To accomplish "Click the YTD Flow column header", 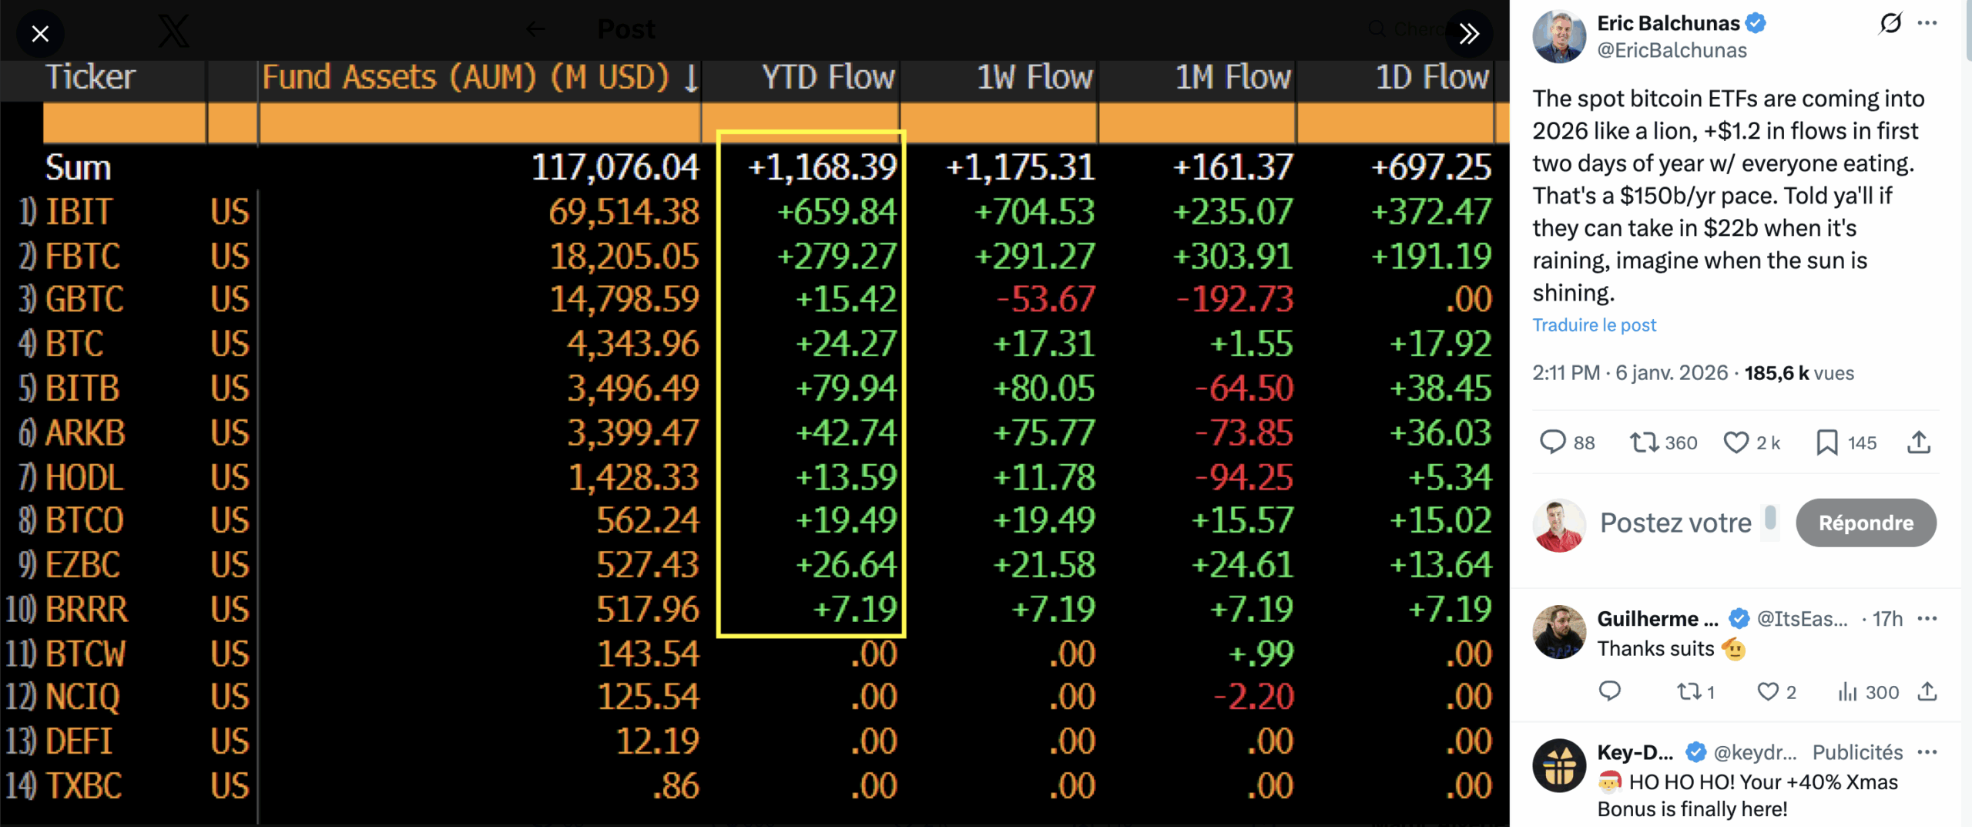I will [827, 78].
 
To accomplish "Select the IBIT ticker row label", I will [79, 212].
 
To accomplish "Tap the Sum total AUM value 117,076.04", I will [615, 167].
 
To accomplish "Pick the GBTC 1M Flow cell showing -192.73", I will [1235, 299].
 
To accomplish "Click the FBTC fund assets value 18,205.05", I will [624, 257].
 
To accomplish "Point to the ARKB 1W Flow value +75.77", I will [1044, 433].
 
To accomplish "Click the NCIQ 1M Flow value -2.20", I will [1253, 698].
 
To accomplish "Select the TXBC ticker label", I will [83, 786].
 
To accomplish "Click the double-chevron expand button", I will [1468, 34].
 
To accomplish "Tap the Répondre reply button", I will [1865, 523].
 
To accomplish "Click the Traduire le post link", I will [1594, 325].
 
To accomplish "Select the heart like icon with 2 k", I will [1736, 442].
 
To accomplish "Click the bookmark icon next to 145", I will [1826, 442].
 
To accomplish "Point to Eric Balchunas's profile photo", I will [1559, 36].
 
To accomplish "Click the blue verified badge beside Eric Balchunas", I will [1756, 23].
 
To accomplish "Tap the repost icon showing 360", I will [1644, 442].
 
